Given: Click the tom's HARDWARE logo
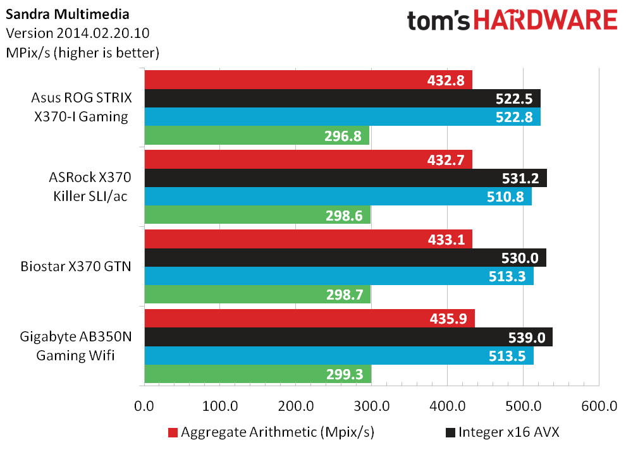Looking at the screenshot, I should pos(512,21).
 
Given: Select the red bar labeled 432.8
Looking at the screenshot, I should pos(309,80).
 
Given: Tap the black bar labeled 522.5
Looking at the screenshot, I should pos(342,99).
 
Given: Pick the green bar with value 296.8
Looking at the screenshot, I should pos(257,136).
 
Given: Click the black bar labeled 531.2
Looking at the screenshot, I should pos(345,178).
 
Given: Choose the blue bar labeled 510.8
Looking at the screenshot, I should pos(338,197).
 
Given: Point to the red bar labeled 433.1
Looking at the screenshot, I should pos(309,239).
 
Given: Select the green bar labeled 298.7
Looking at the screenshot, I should pos(257,295).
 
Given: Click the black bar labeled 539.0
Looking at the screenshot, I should pos(348,338).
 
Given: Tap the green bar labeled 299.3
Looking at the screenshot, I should pos(257,375).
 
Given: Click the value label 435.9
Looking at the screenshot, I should pos(451,319).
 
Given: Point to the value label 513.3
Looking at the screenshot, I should pos(510,276).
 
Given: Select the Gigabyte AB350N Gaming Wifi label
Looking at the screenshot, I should pos(75,346).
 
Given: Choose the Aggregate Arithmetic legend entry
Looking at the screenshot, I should pos(271,433).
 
